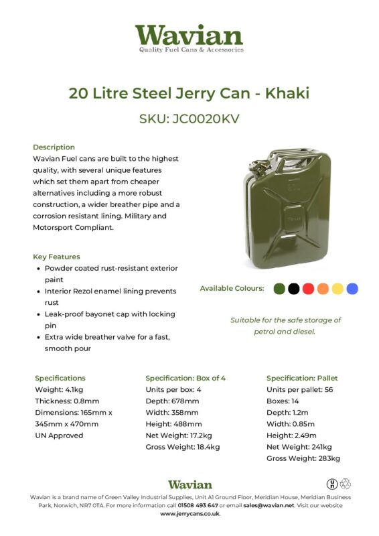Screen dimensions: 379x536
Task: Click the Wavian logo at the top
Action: pos(189,38)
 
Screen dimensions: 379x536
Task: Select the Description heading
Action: pos(54,147)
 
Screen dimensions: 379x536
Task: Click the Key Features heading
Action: pos(56,257)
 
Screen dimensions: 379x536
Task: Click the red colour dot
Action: pos(308,289)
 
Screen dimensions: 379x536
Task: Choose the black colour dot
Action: pos(293,289)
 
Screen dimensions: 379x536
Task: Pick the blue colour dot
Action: pos(352,289)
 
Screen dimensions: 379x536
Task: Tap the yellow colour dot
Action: pos(337,289)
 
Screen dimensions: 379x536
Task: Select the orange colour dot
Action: pos(323,289)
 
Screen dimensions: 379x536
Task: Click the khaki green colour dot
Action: pos(279,289)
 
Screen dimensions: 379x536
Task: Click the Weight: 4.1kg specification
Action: pos(58,389)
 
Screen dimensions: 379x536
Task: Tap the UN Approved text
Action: pos(59,435)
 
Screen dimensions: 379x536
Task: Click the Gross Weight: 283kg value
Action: pos(303,458)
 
